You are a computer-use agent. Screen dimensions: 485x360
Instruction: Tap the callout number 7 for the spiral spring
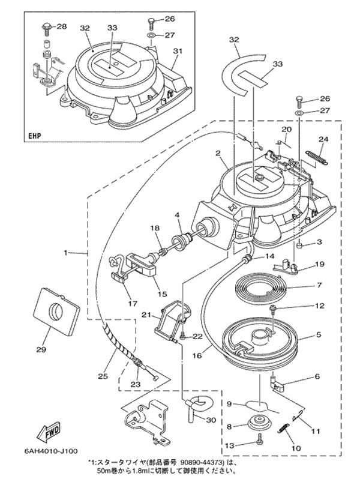point(320,286)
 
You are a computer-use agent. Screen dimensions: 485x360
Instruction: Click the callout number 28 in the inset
point(62,27)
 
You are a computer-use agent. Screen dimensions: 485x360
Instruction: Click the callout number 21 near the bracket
point(146,315)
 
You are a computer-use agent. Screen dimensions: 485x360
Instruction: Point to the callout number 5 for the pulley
point(319,334)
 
